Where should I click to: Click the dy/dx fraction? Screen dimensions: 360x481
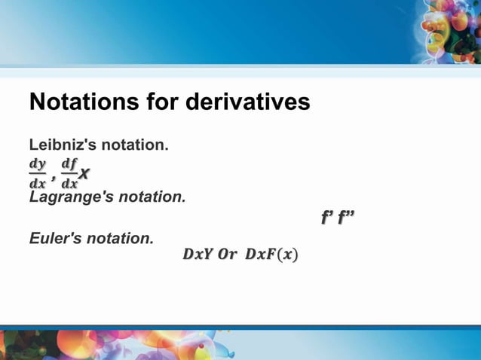pyautogui.click(x=37, y=173)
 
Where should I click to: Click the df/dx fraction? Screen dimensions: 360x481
pyautogui.click(x=69, y=173)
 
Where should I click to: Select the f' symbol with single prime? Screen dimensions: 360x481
pyautogui.click(x=327, y=218)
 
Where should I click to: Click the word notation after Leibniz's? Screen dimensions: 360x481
pyautogui.click(x=134, y=144)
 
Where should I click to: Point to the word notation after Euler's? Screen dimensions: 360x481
pyautogui.click(x=121, y=239)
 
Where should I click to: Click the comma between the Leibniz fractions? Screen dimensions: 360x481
pyautogui.click(x=53, y=178)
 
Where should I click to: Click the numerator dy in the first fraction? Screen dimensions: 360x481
pyautogui.click(x=37, y=163)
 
